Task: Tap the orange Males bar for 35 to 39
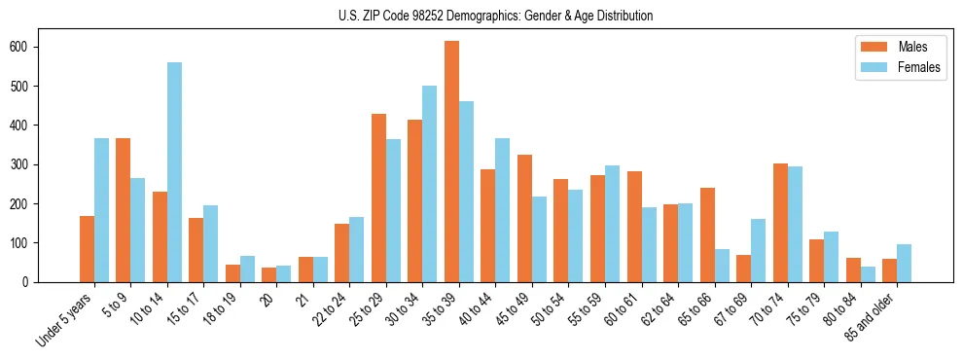(451, 162)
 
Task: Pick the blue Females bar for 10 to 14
(174, 172)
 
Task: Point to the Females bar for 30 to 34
(430, 184)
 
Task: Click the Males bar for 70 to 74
(780, 223)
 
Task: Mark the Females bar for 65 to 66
(722, 266)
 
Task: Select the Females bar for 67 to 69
(758, 250)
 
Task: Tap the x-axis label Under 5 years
(67, 319)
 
